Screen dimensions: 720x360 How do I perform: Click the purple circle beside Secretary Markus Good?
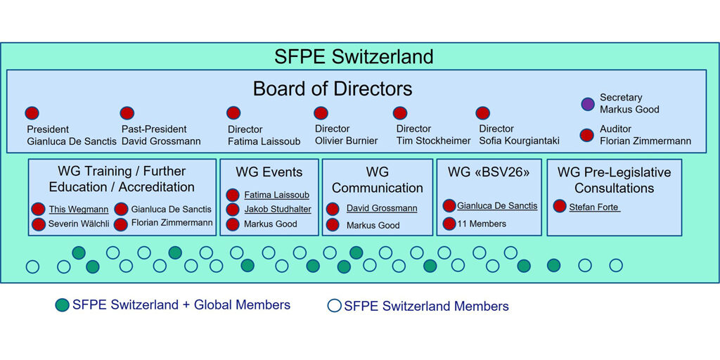click(588, 104)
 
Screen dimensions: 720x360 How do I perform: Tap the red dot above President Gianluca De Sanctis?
click(32, 113)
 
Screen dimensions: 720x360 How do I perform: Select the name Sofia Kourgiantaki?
click(520, 141)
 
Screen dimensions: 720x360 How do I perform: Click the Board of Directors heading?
click(333, 89)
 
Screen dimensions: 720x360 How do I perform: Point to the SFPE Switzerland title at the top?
click(354, 57)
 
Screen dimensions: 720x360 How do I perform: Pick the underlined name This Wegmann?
click(79, 210)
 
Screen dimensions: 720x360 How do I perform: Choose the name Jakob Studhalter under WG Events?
click(278, 210)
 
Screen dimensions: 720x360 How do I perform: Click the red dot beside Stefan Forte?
click(559, 206)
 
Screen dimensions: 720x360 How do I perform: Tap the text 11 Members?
click(482, 224)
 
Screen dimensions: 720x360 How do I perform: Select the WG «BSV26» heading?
click(489, 173)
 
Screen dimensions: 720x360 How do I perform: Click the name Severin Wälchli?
click(79, 224)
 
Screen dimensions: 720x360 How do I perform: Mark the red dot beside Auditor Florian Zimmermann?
click(587, 135)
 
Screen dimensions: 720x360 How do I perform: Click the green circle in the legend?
click(62, 305)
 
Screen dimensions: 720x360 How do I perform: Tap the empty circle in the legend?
click(334, 306)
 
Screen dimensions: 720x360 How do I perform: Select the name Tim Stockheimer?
click(433, 141)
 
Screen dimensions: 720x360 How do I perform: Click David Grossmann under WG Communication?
click(382, 208)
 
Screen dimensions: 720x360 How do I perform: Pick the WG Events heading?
click(269, 172)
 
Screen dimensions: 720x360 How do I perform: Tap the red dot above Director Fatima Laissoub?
click(233, 113)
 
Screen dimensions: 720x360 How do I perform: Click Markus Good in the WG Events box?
click(271, 224)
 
